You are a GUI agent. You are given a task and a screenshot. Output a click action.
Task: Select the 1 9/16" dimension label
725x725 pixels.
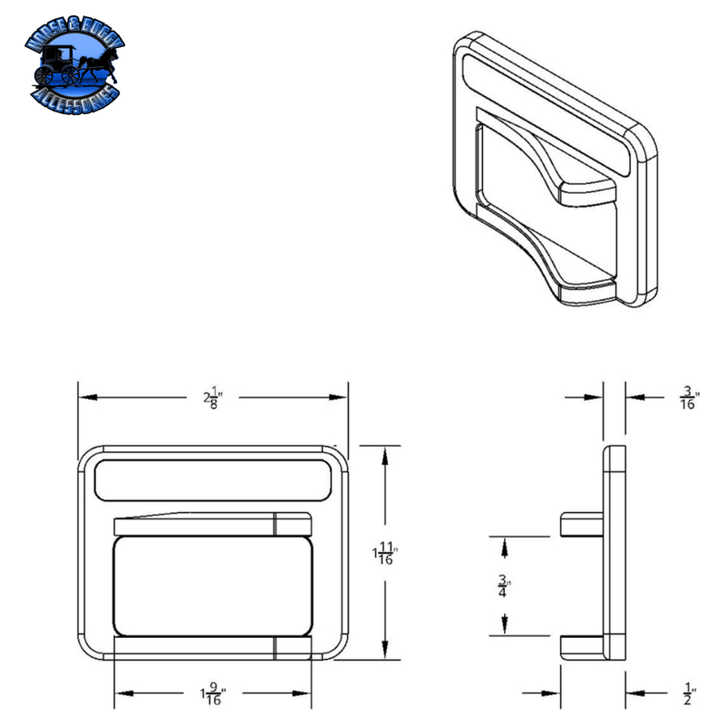[x=213, y=694]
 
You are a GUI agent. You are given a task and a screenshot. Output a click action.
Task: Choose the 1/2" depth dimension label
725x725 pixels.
[x=688, y=693]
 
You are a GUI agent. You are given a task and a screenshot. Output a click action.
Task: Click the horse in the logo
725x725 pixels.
[x=91, y=64]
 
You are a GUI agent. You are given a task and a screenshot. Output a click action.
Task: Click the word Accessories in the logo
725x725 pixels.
[x=77, y=93]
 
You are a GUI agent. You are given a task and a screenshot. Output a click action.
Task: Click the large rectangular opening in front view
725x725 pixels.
[x=212, y=585]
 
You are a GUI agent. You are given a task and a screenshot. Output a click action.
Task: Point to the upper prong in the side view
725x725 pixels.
[x=582, y=524]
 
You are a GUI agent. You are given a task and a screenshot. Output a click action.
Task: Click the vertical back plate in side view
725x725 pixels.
[x=614, y=553]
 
